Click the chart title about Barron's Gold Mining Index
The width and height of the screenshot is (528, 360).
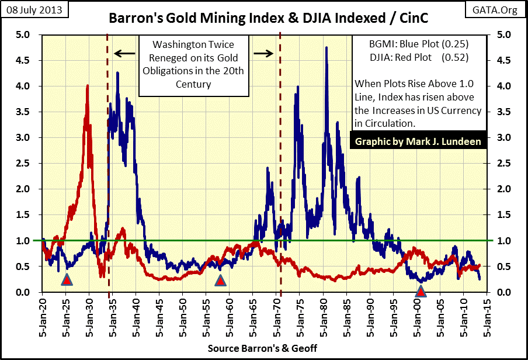268,19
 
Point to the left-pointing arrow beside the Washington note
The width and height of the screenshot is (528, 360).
121,54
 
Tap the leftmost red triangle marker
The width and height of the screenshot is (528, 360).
67,281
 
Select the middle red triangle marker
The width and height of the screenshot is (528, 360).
220,281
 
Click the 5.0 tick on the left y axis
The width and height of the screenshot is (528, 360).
24,34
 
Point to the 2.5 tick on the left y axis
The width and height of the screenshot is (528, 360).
24,163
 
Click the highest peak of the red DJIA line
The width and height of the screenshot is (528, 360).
88,85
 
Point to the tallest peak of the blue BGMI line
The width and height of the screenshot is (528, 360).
326,47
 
